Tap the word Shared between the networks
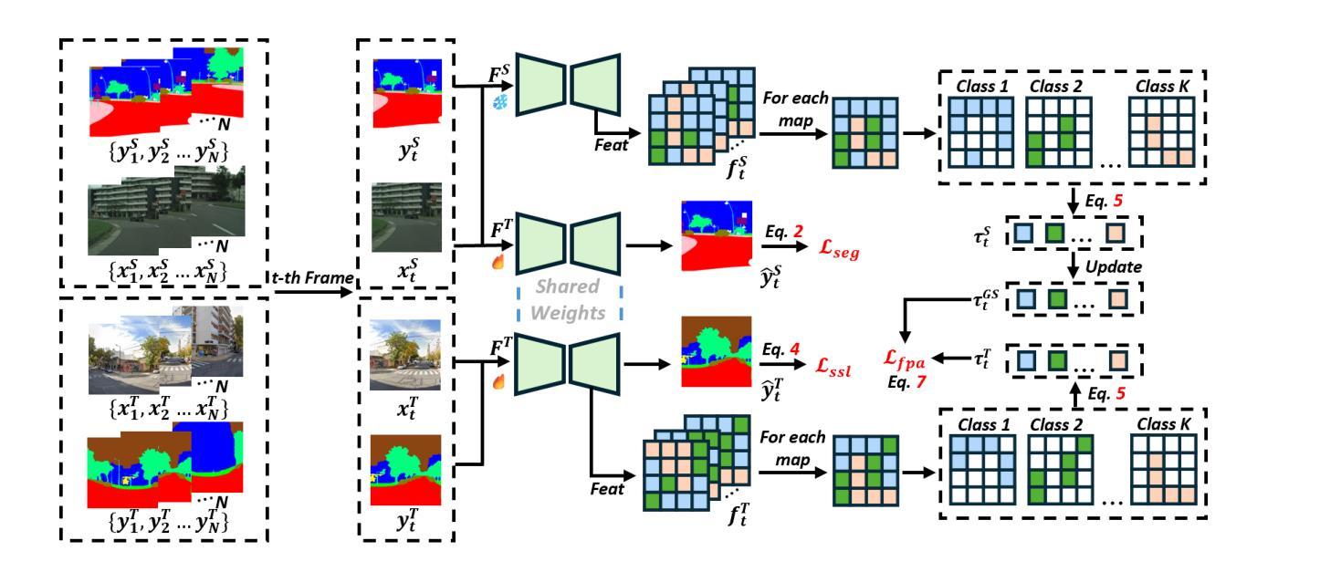(567, 286)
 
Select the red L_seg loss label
(839, 250)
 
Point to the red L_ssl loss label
(833, 367)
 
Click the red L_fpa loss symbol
(904, 359)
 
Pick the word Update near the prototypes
(1113, 267)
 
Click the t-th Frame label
(312, 277)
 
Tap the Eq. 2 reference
(784, 232)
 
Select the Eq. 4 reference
(780, 349)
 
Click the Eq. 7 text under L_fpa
(906, 382)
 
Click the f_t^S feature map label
(737, 167)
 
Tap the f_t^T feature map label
(739, 514)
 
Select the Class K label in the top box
(1162, 87)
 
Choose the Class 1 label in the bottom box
(983, 425)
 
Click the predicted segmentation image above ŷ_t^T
(717, 351)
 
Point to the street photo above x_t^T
(404, 355)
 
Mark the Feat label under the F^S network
(611, 145)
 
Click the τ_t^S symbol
(982, 236)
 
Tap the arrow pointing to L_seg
(784, 246)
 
